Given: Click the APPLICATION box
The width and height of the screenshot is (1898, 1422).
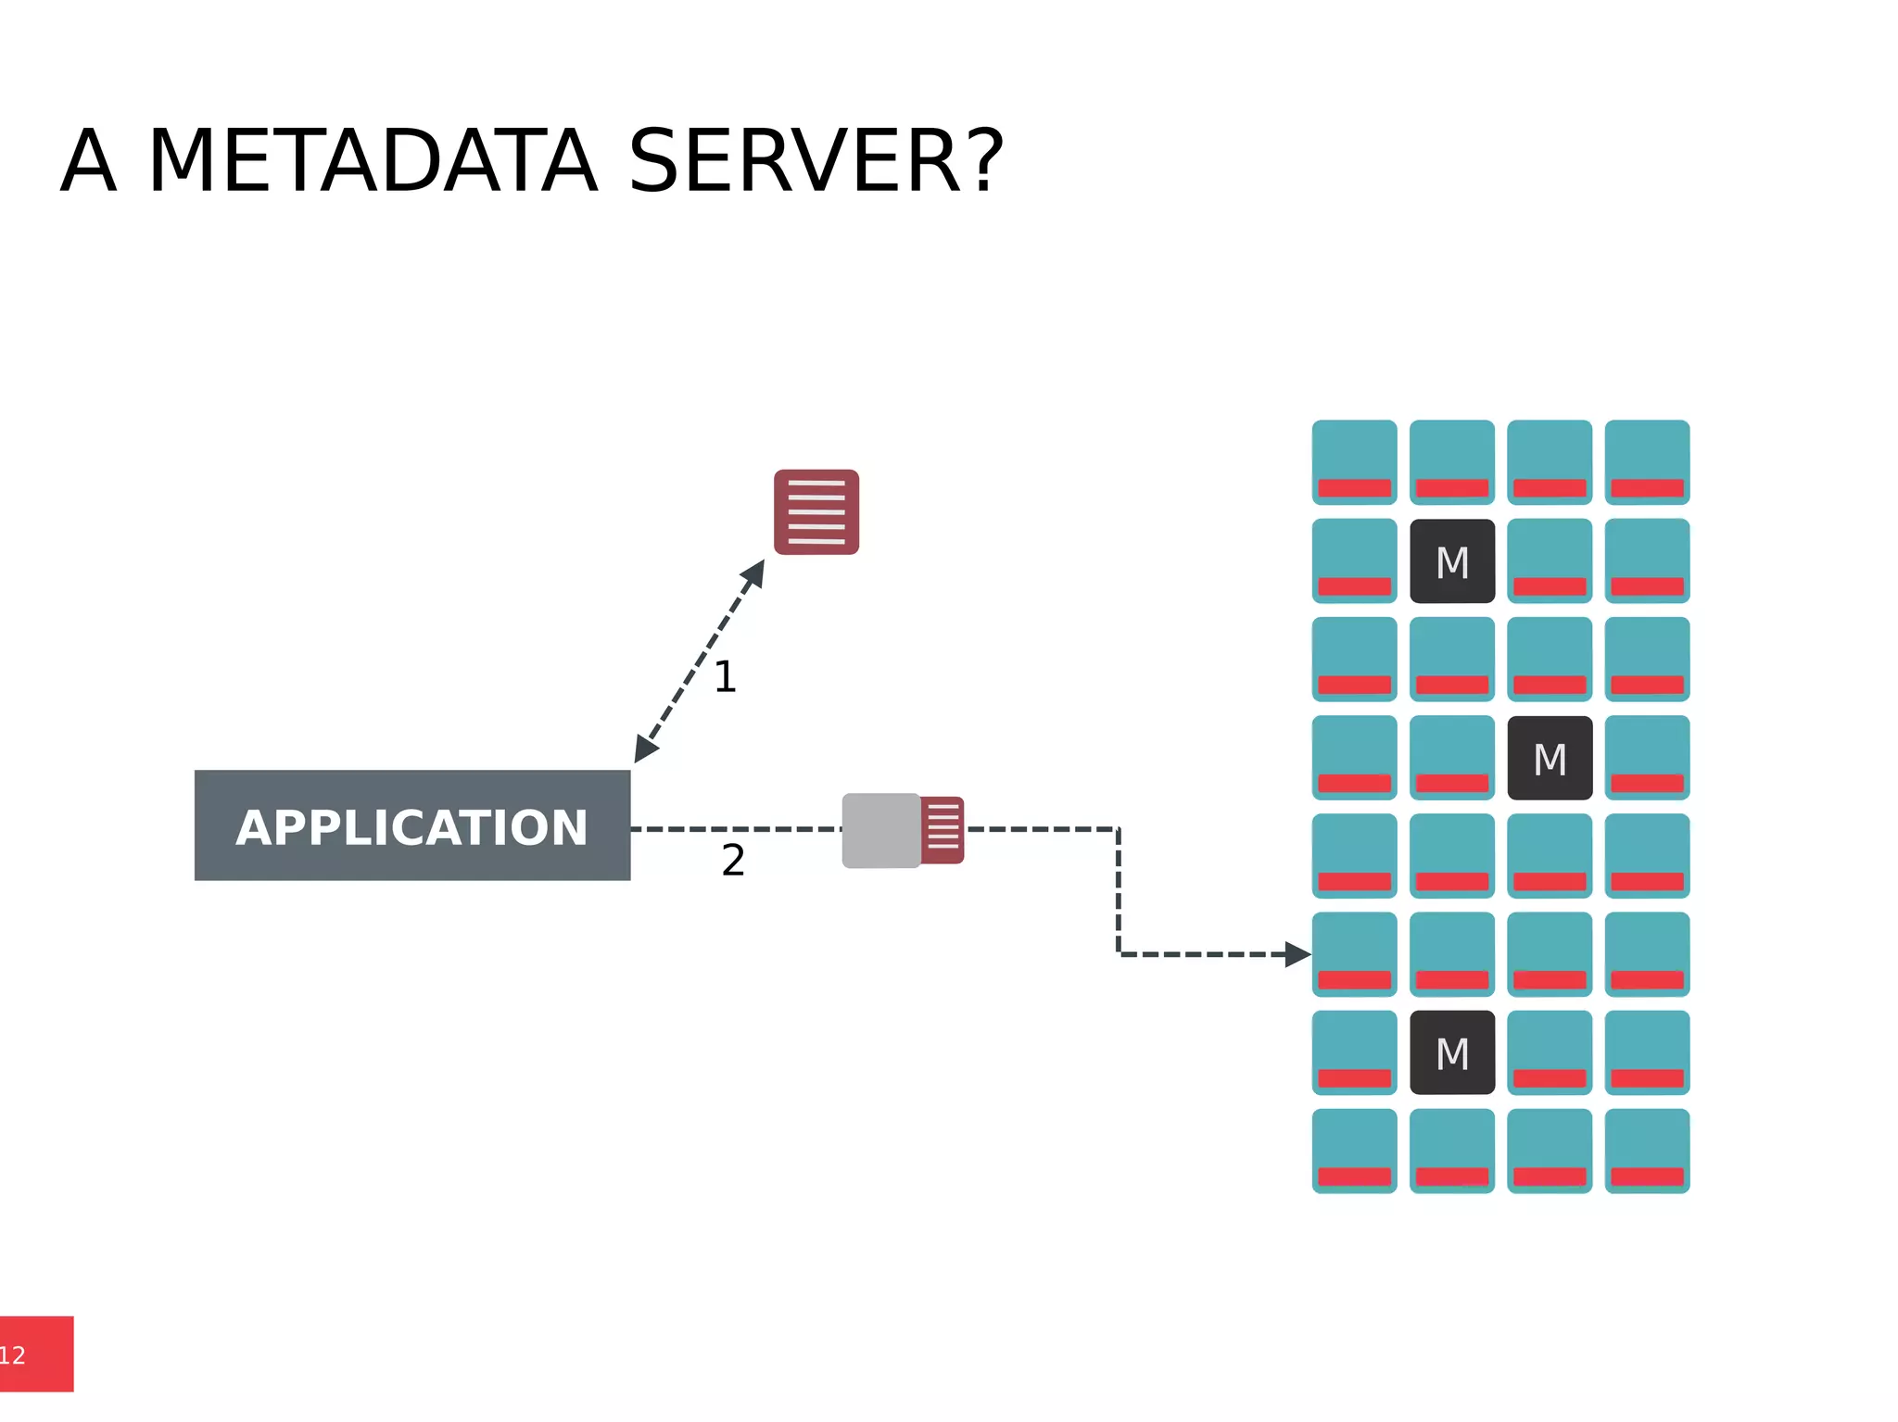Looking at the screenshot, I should [x=412, y=825].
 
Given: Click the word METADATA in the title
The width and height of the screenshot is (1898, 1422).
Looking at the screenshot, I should [x=373, y=162].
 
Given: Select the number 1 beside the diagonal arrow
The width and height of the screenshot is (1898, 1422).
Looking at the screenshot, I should [x=725, y=677].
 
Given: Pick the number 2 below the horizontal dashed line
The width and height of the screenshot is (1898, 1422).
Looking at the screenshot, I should [x=733, y=861].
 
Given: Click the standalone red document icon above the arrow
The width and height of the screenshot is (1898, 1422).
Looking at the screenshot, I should [x=816, y=512].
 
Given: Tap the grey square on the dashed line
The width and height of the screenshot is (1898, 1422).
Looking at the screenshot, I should [x=880, y=830].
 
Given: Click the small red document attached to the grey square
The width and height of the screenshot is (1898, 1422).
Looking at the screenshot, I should [x=943, y=830].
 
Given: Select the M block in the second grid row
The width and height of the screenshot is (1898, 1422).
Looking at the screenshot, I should [x=1452, y=561].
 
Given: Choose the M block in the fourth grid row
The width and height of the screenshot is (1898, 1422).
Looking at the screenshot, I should [x=1550, y=758].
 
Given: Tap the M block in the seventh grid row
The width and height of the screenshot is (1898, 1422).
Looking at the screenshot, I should [x=1452, y=1052].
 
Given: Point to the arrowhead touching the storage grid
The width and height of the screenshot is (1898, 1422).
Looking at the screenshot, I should [x=1297, y=954].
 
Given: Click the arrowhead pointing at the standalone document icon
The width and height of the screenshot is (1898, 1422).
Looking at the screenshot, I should [x=754, y=573].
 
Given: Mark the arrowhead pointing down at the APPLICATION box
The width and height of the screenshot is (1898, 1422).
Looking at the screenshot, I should [x=645, y=749].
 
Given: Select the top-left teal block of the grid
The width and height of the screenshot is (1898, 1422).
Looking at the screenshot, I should [x=1354, y=462].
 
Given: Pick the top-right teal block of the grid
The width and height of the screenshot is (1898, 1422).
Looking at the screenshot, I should [x=1647, y=462].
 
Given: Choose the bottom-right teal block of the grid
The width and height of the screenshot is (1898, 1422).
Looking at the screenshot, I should [x=1647, y=1151].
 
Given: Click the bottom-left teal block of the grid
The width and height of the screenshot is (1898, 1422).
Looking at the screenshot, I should [x=1354, y=1151].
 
